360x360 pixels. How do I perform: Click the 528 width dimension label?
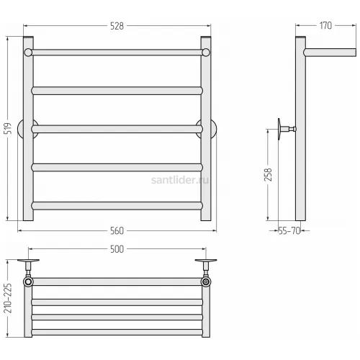117,26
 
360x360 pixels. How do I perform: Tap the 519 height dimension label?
8,128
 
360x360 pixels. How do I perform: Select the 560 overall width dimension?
117,231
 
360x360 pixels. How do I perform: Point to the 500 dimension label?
117,249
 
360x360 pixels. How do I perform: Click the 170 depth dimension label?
325,26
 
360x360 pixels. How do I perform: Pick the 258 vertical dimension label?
268,174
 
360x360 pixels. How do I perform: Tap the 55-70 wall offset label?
289,231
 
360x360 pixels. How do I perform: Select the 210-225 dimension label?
8,298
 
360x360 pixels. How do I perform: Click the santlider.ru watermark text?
180,180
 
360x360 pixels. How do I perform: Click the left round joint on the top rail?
28,53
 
